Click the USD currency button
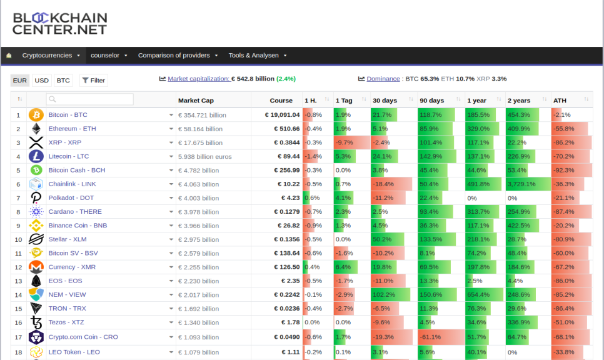pyautogui.click(x=42, y=81)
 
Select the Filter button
pyautogui.click(x=94, y=81)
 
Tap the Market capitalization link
pyautogui.click(x=199, y=79)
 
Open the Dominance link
pyautogui.click(x=383, y=79)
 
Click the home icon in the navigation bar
pyautogui.click(x=9, y=56)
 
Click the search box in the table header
pyautogui.click(x=90, y=99)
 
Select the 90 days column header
pyautogui.click(x=432, y=101)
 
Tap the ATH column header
pyautogui.click(x=560, y=101)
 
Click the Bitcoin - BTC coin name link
pyautogui.click(x=68, y=115)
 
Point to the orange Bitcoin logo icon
pyautogui.click(x=36, y=115)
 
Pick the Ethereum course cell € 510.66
pyautogui.click(x=286, y=129)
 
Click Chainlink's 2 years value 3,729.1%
pyautogui.click(x=521, y=184)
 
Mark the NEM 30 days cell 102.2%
pyautogui.click(x=384, y=294)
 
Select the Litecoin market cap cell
pyautogui.click(x=205, y=157)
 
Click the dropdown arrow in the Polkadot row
pyautogui.click(x=171, y=198)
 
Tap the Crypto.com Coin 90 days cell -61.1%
pyautogui.click(x=430, y=337)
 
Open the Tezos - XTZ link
pyautogui.click(x=66, y=322)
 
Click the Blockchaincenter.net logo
pyautogui.click(x=59, y=24)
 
